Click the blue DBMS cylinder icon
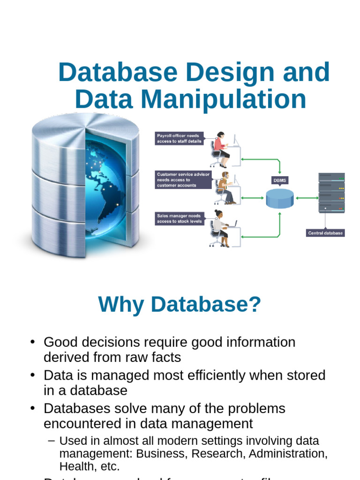point(280,198)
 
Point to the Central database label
point(325,233)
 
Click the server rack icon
point(331,193)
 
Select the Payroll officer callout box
point(180,138)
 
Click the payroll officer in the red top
point(220,149)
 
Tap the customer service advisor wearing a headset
point(225,187)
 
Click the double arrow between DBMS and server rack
point(307,198)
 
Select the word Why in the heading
point(121,305)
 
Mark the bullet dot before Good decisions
point(32,342)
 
